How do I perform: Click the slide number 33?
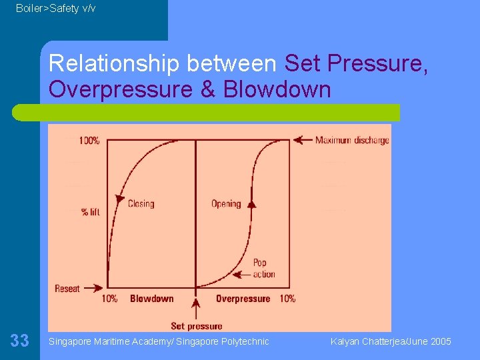tap(20, 341)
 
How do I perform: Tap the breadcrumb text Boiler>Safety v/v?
tap(55, 8)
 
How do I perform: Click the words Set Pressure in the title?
tap(356, 64)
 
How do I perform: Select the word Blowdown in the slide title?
tap(277, 89)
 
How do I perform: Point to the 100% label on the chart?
tap(89, 141)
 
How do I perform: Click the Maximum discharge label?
tap(352, 140)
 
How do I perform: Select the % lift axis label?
tap(90, 212)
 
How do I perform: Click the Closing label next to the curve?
tap(141, 203)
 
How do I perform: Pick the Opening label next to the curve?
tap(226, 203)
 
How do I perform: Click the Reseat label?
tap(67, 289)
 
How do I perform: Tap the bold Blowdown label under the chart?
tap(151, 299)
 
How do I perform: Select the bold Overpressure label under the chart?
tap(243, 299)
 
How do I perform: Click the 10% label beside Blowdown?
tap(109, 299)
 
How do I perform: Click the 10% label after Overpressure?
tap(287, 299)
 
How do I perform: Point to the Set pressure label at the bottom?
tap(196, 326)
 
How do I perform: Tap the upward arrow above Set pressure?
tap(195, 308)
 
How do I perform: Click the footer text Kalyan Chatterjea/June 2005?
tap(391, 341)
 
